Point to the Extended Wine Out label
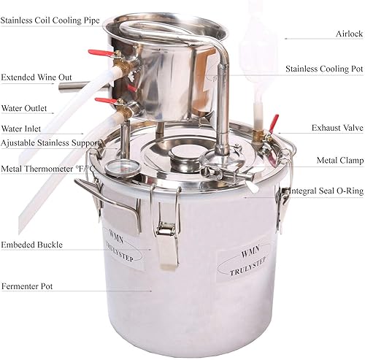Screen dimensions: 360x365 [36, 77]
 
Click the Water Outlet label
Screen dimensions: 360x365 [24, 108]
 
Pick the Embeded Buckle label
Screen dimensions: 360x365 [31, 245]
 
